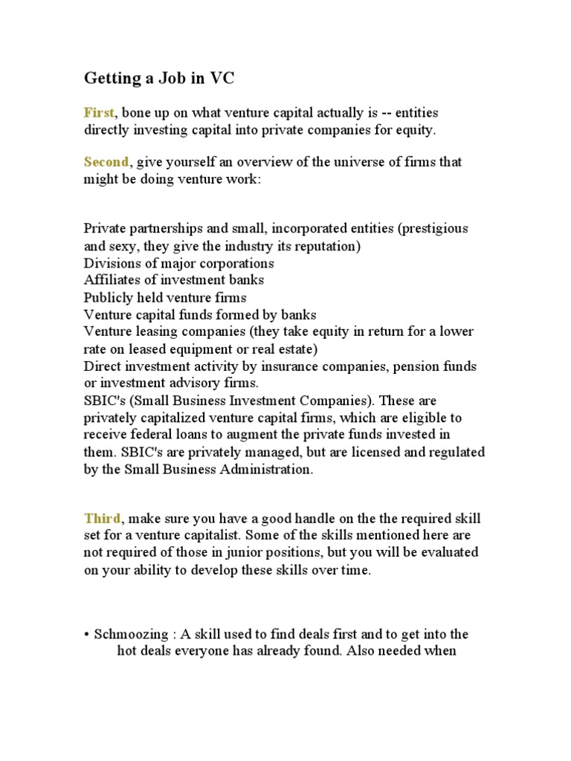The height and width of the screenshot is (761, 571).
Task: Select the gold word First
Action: point(99,113)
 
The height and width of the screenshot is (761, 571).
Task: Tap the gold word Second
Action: point(106,161)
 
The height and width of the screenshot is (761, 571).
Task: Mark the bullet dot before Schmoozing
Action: point(87,635)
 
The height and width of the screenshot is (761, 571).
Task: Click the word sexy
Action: point(122,246)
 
